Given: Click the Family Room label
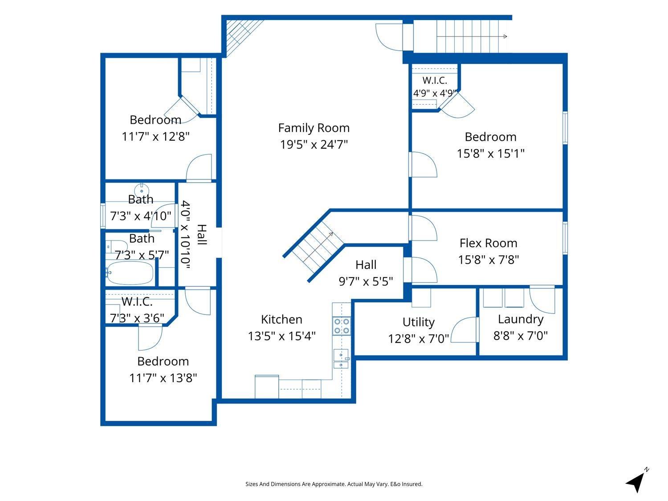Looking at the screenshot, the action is (x=314, y=128).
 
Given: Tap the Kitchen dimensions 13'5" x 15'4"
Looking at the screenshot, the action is (x=282, y=336).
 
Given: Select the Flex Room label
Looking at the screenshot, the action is (x=489, y=243).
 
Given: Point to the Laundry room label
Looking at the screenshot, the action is (x=521, y=319).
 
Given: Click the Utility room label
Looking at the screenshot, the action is (x=419, y=322).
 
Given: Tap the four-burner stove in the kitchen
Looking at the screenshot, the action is (x=342, y=326).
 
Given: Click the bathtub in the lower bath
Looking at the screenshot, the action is (x=130, y=273).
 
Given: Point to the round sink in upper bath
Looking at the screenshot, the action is (x=142, y=190).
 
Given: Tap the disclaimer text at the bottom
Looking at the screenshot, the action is (x=334, y=484).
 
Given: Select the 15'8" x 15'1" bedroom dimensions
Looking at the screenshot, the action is (x=491, y=153).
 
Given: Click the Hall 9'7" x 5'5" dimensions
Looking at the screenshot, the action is (x=366, y=281).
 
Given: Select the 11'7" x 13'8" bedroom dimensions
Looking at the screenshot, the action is (x=163, y=378).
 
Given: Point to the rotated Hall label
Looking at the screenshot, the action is (x=202, y=235).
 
